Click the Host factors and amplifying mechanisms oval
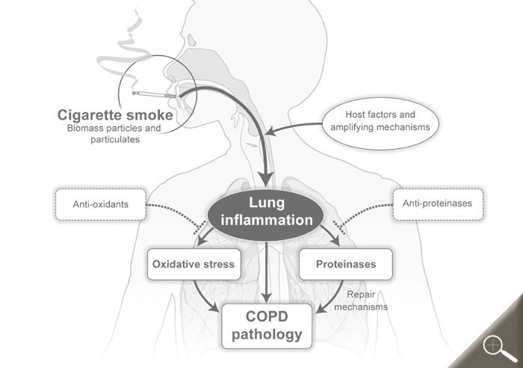pos(381,121)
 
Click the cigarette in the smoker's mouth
pos(153,95)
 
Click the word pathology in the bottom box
pos(266,334)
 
